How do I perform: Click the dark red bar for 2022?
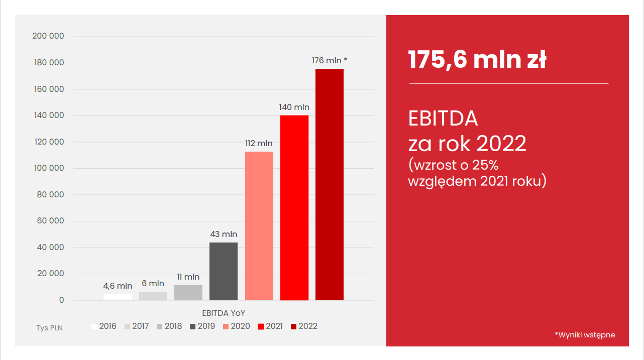pyautogui.click(x=330, y=184)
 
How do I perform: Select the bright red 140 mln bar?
pyautogui.click(x=294, y=207)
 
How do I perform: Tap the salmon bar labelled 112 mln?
pyautogui.click(x=259, y=225)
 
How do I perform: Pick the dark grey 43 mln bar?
pyautogui.click(x=224, y=271)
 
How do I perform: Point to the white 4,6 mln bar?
pyautogui.click(x=118, y=297)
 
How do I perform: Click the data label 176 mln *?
pyautogui.click(x=330, y=61)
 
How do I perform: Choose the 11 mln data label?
pyautogui.click(x=188, y=277)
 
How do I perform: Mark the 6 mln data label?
pyautogui.click(x=153, y=284)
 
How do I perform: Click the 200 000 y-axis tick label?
pyautogui.click(x=48, y=36)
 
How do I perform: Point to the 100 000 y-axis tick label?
pyautogui.click(x=49, y=168)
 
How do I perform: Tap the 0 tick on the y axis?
pyautogui.click(x=62, y=300)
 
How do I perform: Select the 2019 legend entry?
pyautogui.click(x=202, y=326)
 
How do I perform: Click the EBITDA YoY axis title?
pyautogui.click(x=224, y=313)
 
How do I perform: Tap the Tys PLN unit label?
pyautogui.click(x=49, y=328)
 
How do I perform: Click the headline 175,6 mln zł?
pyautogui.click(x=477, y=60)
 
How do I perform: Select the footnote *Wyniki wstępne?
pyautogui.click(x=585, y=335)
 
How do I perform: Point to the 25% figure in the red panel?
pyautogui.click(x=484, y=164)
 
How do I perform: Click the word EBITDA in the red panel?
pyautogui.click(x=443, y=118)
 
